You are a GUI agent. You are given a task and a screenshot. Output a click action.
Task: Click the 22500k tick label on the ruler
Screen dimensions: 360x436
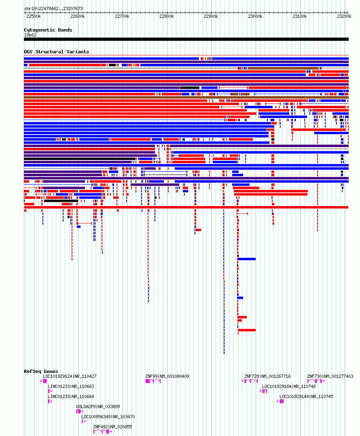coord(34,17)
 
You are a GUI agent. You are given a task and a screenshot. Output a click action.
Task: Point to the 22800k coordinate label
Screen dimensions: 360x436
coord(167,17)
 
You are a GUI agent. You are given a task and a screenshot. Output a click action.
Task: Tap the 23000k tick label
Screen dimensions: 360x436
coord(255,17)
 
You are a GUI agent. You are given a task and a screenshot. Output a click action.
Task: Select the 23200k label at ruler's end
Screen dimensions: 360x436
coord(344,17)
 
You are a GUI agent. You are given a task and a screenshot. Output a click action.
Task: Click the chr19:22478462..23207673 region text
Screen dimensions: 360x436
coord(53,8)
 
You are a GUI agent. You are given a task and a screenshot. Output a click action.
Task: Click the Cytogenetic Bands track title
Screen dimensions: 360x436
coord(48,30)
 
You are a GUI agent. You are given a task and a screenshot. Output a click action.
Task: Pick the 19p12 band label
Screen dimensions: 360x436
coord(30,35)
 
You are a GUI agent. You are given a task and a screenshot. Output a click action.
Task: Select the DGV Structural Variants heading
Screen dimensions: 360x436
coord(57,52)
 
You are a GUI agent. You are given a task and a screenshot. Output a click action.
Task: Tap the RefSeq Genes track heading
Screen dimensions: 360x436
coord(41,371)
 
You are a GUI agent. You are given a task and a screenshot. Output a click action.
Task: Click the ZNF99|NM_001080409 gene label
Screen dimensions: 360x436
coord(167,377)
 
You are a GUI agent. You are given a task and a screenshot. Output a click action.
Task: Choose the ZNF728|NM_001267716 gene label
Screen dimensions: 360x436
coord(267,377)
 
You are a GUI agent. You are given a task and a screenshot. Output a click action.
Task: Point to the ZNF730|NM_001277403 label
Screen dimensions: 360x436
coord(330,377)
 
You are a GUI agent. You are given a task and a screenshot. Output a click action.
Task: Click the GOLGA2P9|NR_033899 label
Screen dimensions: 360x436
coord(98,407)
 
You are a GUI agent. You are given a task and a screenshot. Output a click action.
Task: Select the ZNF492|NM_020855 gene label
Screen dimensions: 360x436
coord(112,427)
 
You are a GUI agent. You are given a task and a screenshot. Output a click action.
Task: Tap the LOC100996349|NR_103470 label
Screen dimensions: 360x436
coord(108,417)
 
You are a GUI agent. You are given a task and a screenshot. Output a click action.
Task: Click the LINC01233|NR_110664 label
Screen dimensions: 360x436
coord(71,396)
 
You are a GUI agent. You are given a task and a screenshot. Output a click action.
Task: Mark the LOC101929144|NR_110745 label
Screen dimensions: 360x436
coord(306,396)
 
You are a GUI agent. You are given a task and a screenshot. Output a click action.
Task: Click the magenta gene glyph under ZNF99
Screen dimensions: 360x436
coord(153,381)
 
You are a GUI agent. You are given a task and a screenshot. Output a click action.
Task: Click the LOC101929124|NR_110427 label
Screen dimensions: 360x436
coord(70,377)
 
